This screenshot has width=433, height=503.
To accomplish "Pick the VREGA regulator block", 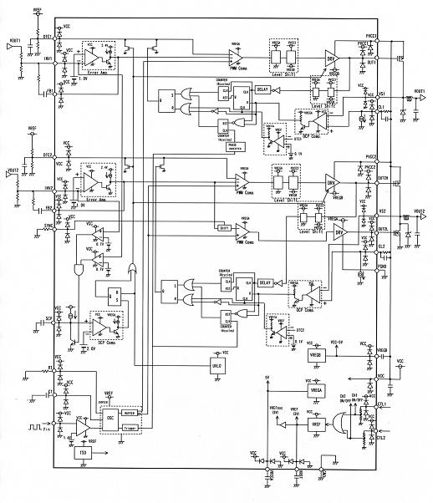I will tap(317, 390).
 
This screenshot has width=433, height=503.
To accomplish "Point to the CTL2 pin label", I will tap(382, 437).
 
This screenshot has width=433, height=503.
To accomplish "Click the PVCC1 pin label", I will tap(373, 35).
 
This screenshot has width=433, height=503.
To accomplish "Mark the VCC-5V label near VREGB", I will tap(339, 342).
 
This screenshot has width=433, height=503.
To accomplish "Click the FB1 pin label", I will tap(50, 89).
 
